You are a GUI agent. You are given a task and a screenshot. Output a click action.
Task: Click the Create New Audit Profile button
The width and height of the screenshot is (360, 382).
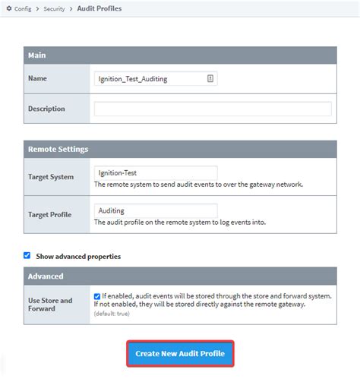180,354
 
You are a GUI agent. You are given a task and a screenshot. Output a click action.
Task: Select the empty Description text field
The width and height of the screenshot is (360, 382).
213,109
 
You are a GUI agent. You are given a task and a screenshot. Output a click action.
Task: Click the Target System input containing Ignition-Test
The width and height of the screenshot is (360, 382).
155,172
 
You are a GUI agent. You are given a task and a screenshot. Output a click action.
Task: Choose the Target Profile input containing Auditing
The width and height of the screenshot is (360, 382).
155,210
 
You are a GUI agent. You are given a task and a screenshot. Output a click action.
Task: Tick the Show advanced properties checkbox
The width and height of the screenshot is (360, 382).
27,256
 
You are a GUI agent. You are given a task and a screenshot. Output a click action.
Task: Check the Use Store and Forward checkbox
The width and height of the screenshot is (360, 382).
97,296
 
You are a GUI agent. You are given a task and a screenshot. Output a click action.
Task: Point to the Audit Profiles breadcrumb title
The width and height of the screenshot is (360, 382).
99,8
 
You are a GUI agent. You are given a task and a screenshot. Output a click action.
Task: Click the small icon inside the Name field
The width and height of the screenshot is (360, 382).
210,78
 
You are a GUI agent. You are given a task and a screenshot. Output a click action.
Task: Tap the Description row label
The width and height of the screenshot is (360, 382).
46,109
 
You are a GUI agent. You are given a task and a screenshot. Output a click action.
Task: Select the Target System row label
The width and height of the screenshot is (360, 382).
51,177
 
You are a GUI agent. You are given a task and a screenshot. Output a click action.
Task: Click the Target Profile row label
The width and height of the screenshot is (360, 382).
49,215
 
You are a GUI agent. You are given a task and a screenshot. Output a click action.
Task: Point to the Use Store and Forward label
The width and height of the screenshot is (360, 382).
50,305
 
